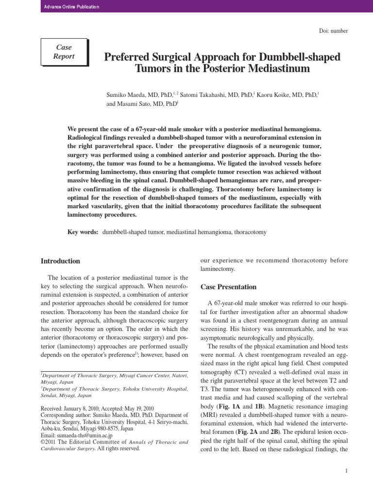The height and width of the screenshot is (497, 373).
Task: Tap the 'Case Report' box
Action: pyautogui.click(x=64, y=52)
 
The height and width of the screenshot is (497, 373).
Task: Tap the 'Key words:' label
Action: pyautogui.click(x=83, y=232)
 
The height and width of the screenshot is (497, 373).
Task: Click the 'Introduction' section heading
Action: pyautogui.click(x=60, y=261)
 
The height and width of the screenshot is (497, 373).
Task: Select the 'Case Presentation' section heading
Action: pyautogui.click(x=228, y=287)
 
